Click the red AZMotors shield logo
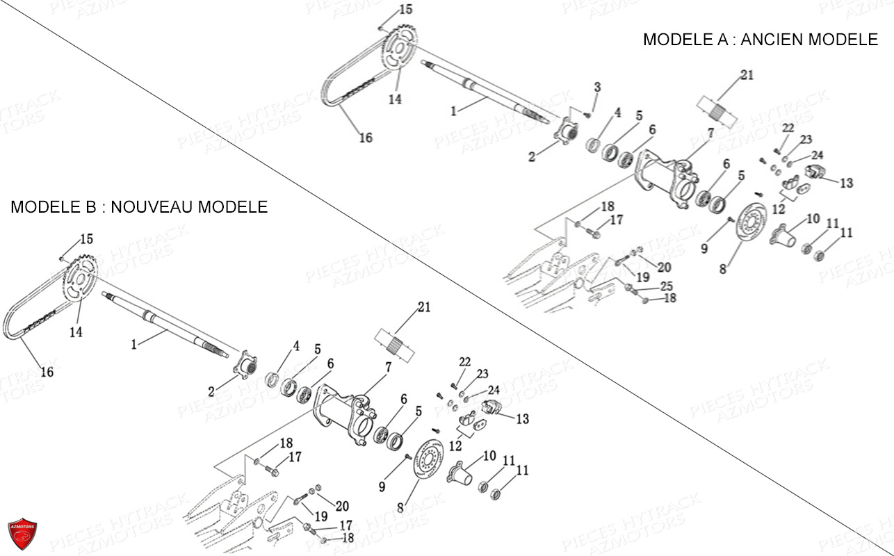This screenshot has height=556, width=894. point(22,534)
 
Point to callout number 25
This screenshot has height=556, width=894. point(666,286)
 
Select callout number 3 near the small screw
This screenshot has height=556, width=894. point(596,87)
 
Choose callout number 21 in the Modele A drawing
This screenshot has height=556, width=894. point(747,75)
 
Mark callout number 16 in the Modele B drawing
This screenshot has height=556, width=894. point(47,372)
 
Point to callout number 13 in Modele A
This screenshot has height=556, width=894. point(846,183)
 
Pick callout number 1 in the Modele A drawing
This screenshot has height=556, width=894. point(453,111)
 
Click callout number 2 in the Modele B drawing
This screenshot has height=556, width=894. point(211,392)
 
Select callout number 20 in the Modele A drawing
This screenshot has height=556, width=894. point(664,267)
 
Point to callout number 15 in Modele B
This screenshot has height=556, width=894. point(86,239)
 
